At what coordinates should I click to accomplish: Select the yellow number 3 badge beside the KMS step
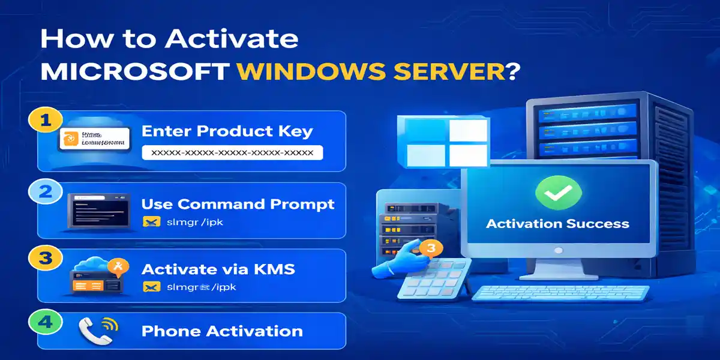43,259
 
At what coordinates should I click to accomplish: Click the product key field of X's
232,153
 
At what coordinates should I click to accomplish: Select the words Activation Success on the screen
557,224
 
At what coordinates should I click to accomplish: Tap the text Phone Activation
222,331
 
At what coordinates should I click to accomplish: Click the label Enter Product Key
227,131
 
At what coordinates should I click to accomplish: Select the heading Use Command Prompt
238,204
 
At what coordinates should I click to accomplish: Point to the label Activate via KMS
218,268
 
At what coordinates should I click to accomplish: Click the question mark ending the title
512,71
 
